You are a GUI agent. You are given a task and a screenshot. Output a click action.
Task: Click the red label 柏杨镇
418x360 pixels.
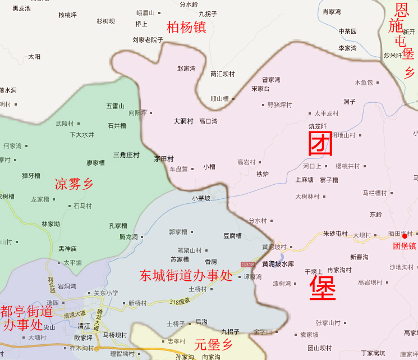187,27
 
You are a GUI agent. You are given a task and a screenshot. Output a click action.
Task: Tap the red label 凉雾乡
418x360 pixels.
74,184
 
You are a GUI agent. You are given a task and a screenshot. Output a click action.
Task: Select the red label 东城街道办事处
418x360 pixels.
186,275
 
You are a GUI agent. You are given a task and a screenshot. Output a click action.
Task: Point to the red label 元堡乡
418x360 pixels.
213,344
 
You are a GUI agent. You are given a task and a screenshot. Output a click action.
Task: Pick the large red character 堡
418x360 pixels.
323,288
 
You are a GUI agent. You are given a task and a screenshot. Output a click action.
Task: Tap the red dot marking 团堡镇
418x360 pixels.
405,236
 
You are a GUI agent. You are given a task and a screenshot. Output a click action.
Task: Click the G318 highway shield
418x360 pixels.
247,264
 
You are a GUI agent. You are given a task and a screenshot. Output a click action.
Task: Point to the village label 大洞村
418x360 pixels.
183,121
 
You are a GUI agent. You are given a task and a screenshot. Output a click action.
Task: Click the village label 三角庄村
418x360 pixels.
126,154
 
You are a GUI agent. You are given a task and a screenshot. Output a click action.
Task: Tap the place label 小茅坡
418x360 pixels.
201,198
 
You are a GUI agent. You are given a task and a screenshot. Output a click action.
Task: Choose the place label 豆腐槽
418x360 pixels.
232,236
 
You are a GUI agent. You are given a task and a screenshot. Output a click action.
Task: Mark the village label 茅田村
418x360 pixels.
164,159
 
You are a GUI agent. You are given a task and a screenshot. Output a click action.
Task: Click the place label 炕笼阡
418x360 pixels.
318,126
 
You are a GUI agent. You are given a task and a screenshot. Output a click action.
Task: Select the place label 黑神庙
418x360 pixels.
67,248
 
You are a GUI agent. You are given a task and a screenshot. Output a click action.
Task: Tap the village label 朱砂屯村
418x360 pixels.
335,234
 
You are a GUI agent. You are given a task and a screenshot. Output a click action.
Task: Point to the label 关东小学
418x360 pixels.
106,293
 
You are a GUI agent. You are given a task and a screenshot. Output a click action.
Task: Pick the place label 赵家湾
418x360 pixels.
186,69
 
